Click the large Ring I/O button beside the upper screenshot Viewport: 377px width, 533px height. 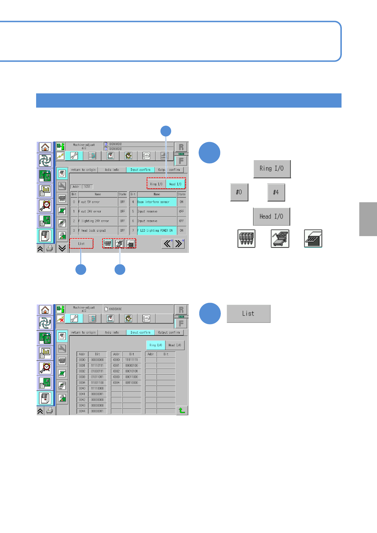272,169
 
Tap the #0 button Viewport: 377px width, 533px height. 239,192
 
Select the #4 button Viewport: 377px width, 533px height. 276,192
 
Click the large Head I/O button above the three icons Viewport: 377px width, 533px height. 271,216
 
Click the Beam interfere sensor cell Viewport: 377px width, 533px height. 157,202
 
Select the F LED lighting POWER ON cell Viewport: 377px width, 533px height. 157,230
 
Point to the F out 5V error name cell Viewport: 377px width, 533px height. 98,202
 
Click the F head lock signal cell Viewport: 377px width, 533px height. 98,230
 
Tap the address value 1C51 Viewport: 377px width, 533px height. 87,187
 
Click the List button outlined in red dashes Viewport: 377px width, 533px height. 81,243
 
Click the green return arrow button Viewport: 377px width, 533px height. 182,410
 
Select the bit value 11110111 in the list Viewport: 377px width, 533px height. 97,366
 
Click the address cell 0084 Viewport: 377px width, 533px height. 116,383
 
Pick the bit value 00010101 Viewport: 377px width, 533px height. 131,371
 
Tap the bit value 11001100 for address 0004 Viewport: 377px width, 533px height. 97,383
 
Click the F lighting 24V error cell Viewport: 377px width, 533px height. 98,221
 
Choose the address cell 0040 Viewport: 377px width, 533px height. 82,388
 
